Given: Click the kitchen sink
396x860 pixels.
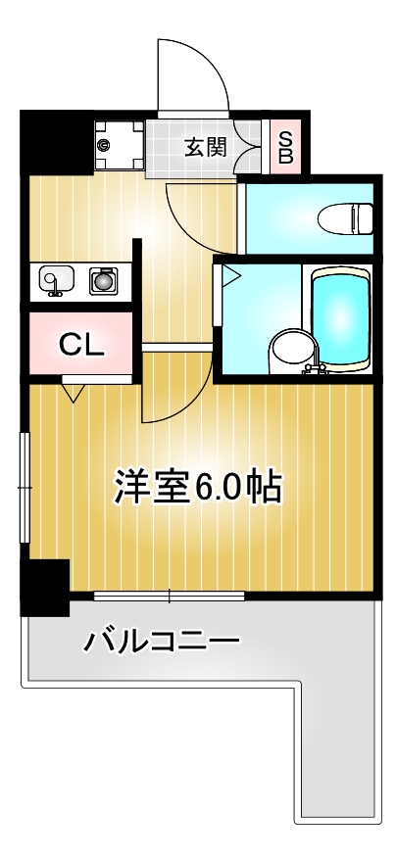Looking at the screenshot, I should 55,282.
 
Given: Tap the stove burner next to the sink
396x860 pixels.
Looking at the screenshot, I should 102,282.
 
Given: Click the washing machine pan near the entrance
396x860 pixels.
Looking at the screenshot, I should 118,147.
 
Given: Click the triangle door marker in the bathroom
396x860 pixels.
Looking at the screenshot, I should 229,276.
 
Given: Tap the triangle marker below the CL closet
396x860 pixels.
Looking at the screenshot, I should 74,393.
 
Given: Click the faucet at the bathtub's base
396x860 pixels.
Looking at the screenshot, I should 316,368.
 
